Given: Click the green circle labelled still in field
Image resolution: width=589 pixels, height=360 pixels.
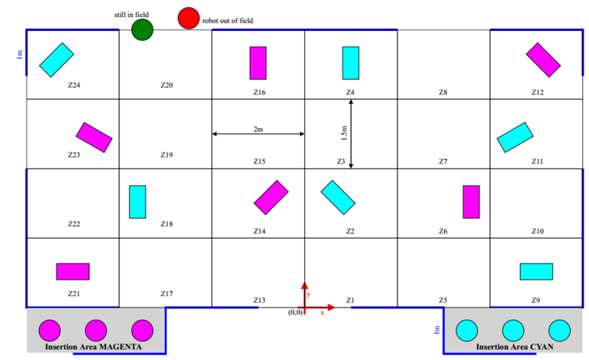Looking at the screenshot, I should (142, 29).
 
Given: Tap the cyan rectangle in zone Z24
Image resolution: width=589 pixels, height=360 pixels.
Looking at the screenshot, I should (57, 60).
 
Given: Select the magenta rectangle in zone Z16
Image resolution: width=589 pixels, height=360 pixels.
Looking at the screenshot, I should (258, 63).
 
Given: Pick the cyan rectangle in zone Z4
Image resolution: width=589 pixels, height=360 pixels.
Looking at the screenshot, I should (350, 63).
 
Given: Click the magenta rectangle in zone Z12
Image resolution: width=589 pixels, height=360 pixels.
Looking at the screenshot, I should (543, 60).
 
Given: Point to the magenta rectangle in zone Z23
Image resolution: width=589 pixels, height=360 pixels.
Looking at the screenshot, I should (94, 137).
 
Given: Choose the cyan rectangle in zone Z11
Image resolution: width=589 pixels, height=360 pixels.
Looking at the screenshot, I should (515, 137).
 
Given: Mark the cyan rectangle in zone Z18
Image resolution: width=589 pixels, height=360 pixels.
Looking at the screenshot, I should (138, 202).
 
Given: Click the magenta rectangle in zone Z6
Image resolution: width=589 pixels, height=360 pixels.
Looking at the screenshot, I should (471, 202).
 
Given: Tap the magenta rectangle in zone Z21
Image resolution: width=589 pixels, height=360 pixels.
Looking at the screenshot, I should (73, 272).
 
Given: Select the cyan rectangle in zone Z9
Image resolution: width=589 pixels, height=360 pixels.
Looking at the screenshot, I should (536, 272).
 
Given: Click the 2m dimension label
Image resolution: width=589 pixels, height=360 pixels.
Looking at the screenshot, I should (258, 129).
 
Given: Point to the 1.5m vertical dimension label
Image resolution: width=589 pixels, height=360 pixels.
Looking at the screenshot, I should (344, 133).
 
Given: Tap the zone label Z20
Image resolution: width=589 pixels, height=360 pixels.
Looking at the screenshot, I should (166, 85).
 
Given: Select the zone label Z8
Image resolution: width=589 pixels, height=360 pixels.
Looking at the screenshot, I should (442, 93).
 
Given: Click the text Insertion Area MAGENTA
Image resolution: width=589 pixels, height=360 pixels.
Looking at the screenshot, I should (93, 346).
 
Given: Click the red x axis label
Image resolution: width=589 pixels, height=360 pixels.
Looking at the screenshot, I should (322, 312).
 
